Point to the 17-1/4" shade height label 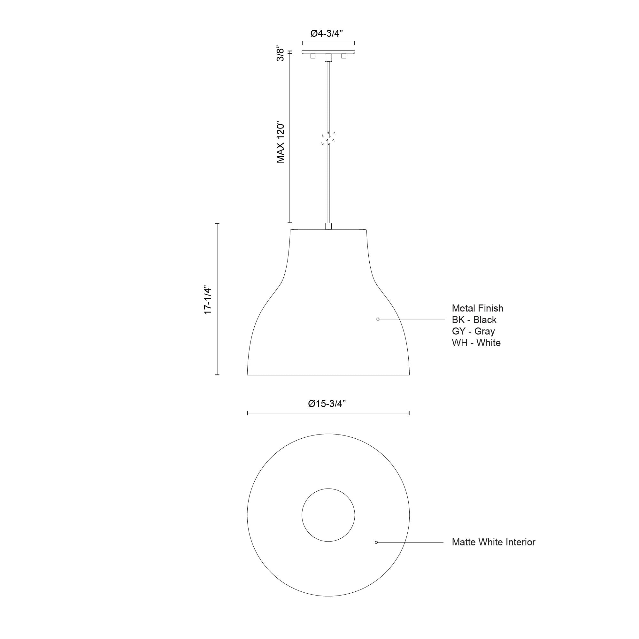208,300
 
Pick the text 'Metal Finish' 477,308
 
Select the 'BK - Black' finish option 474,320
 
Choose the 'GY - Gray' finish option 473,331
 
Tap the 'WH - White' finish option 476,343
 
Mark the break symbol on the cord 328,138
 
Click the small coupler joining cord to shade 328,226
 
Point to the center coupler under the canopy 328,58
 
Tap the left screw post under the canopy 312,56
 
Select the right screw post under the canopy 344,56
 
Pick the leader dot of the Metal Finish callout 378,319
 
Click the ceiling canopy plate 328,52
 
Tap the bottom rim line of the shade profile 328,375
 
